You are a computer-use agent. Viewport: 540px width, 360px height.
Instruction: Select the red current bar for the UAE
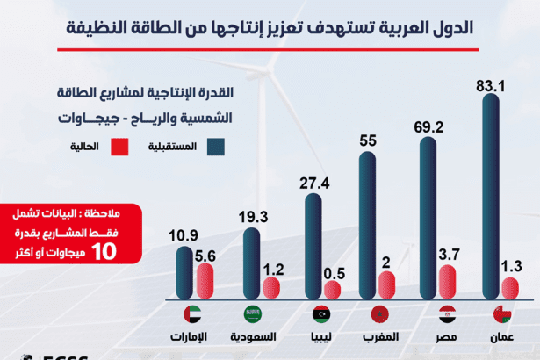206,281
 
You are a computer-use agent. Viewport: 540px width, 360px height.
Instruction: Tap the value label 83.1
492,86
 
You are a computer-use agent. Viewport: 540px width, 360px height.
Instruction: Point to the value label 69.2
429,127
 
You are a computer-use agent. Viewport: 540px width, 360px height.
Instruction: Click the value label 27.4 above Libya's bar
314,184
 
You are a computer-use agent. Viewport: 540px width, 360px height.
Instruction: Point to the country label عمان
501,336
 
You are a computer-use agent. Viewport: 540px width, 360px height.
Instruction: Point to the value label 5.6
206,254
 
